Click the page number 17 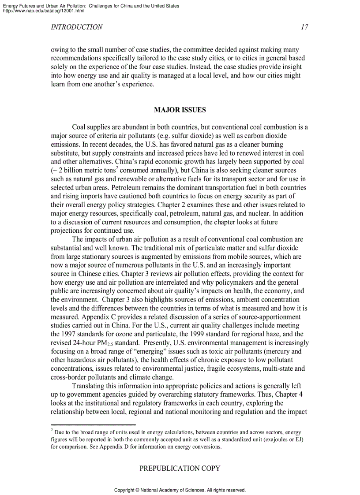[304, 27]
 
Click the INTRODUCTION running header [77, 27]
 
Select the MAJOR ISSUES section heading [180, 110]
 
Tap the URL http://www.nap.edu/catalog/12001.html [44, 11]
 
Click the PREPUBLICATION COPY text [180, 469]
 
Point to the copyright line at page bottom [180, 490]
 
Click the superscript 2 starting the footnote [52, 430]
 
